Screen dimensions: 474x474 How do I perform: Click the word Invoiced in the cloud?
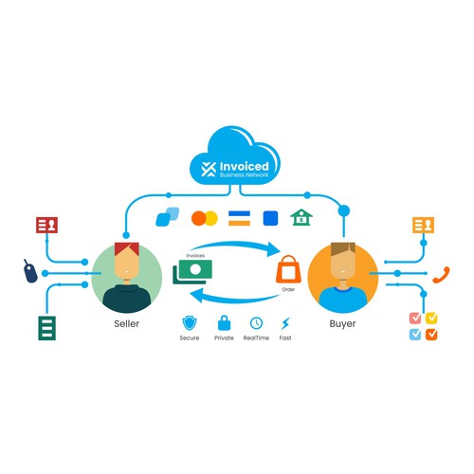coord(244,166)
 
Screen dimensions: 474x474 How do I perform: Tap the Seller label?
coord(126,323)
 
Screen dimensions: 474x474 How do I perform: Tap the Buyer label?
coord(342,323)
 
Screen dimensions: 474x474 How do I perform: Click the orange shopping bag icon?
coord(288,269)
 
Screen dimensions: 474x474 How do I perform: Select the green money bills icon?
coord(192,271)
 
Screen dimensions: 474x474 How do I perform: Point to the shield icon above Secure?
coord(190,323)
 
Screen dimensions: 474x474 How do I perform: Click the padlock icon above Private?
coord(224,322)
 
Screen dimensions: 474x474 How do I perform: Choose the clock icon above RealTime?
coord(256,323)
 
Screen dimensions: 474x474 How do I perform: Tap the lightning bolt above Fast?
coord(285,323)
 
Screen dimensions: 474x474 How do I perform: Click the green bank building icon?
coord(301,217)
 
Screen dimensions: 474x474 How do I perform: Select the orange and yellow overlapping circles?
coord(205,218)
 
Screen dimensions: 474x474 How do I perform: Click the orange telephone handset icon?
coord(441,275)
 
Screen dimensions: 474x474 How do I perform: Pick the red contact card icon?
coord(46,225)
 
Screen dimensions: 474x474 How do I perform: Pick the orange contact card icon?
coord(424,225)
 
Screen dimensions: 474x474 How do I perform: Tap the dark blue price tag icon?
coord(30,271)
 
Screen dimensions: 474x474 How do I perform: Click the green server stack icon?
coord(46,328)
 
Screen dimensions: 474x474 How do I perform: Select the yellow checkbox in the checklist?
coord(431,318)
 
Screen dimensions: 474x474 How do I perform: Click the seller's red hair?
coord(127,248)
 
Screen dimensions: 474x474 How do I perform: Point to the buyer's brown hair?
coord(343,248)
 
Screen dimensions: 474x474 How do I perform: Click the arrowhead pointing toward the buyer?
coord(273,249)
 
